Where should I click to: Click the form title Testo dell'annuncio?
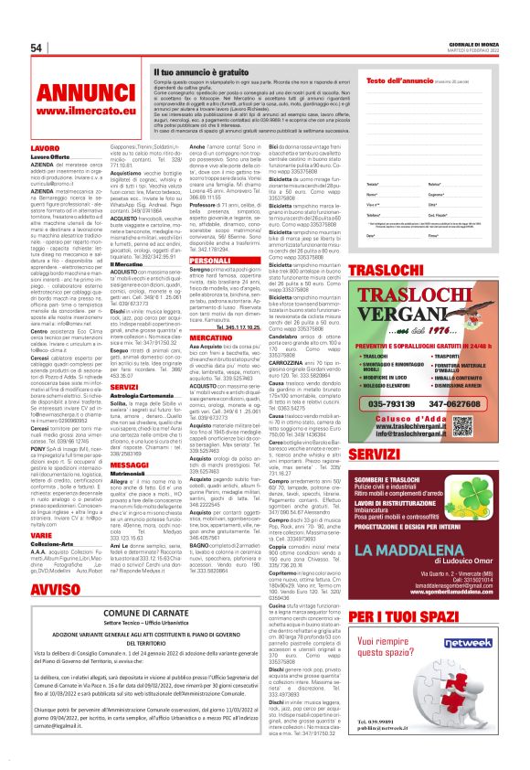click(x=407, y=81)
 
